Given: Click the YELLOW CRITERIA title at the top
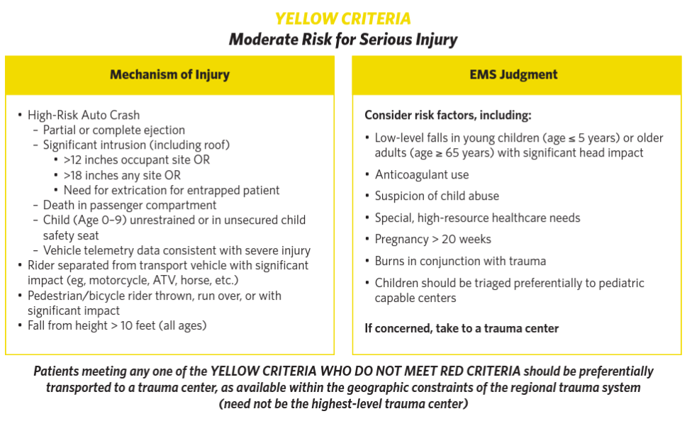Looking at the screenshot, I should pyautogui.click(x=343, y=18).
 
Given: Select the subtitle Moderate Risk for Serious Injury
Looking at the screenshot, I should pyautogui.click(x=343, y=40).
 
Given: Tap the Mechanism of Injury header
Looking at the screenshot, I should pyautogui.click(x=169, y=74).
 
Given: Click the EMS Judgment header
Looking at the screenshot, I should pyautogui.click(x=513, y=74).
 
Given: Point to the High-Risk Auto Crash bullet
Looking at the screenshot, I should pyautogui.click(x=84, y=115).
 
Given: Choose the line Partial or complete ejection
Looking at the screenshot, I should pyautogui.click(x=113, y=130).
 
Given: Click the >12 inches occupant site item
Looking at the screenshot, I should pyautogui.click(x=136, y=160).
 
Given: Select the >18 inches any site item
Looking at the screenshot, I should pyautogui.click(x=122, y=175).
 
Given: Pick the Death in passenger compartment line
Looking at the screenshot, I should pyautogui.click(x=130, y=205).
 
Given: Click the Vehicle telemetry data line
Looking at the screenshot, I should pyautogui.click(x=177, y=250).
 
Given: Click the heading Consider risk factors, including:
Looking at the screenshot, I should pyautogui.click(x=447, y=115).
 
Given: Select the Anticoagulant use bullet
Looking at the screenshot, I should pyautogui.click(x=422, y=174).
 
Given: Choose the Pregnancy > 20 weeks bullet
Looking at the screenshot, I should pyautogui.click(x=433, y=239).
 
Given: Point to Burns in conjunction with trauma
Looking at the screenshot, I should pyautogui.click(x=460, y=261).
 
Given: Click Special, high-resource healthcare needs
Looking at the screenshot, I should pyautogui.click(x=477, y=218).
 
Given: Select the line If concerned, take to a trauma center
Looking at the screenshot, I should pyautogui.click(x=462, y=328).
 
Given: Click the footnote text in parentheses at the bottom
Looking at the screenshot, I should pyautogui.click(x=343, y=404).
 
